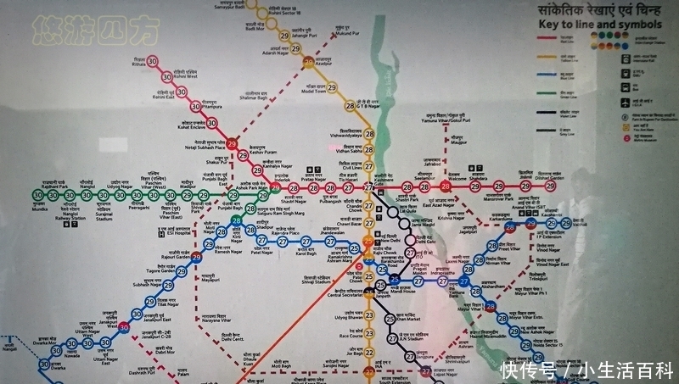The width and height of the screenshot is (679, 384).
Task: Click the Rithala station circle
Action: pos(153,61)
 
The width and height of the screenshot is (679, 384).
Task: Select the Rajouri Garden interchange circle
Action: pos(196,259)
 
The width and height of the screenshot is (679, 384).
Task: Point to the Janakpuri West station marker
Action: pos(126,327)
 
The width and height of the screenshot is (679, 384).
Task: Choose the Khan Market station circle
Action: pos(390,320)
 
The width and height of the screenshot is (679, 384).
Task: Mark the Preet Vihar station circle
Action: pos(491,247)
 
